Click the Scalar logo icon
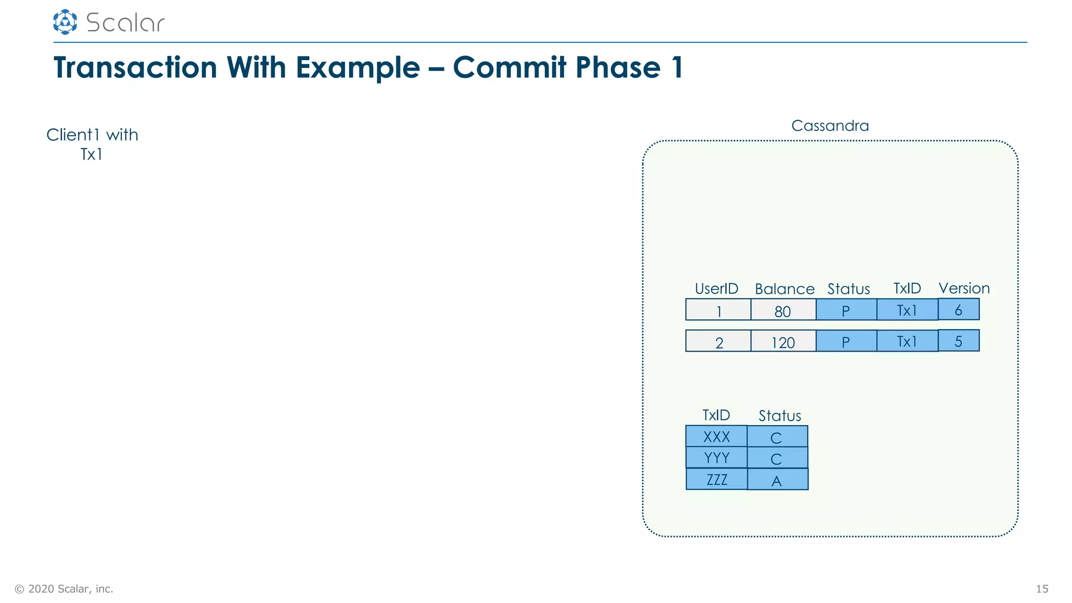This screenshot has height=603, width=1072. click(x=65, y=22)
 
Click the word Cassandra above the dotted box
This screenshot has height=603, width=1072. click(x=830, y=126)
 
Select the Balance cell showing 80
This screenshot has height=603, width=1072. click(x=783, y=310)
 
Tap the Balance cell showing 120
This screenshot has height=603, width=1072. click(x=783, y=341)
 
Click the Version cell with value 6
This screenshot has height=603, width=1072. click(x=958, y=309)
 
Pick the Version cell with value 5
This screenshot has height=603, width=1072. click(x=958, y=341)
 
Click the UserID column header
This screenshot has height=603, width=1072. click(x=716, y=288)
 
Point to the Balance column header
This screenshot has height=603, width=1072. click(x=785, y=289)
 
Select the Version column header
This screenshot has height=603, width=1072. click(x=964, y=288)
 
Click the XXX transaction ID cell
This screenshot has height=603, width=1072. click(x=716, y=437)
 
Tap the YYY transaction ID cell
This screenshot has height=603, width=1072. click(x=716, y=457)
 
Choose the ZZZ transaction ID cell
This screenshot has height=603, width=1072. click(x=717, y=479)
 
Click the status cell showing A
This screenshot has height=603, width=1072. click(x=777, y=479)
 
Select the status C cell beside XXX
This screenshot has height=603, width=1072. click(x=777, y=437)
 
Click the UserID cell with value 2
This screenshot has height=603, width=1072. click(x=718, y=341)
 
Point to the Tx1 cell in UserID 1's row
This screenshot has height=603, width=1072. click(x=907, y=310)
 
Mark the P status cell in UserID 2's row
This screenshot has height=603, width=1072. click(x=846, y=341)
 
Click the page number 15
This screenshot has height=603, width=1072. click(x=1042, y=589)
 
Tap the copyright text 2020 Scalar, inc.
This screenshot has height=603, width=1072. click(x=64, y=589)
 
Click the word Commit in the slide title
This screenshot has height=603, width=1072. click(x=509, y=68)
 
